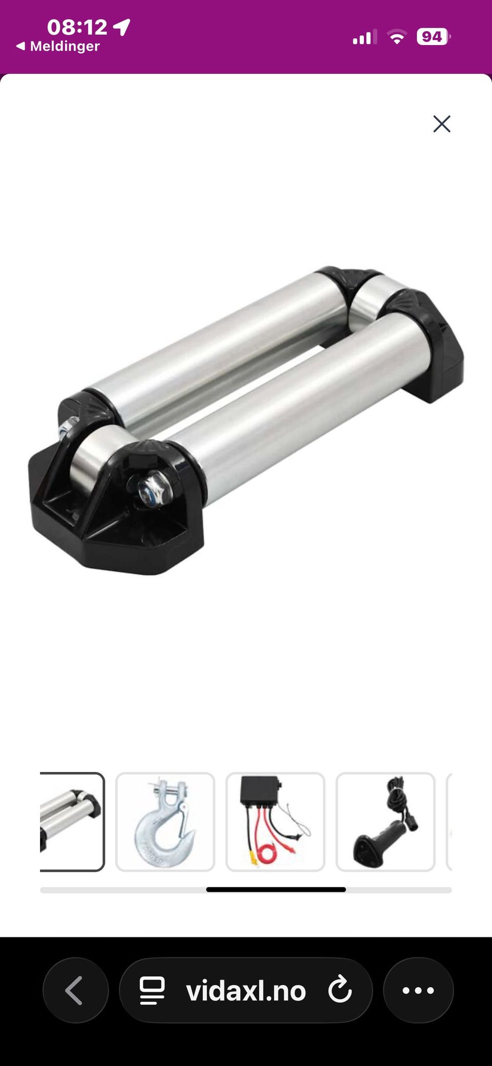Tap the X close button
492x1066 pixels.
442,124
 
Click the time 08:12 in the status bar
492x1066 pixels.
77,27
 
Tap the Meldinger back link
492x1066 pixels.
58,46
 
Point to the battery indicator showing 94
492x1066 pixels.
434,37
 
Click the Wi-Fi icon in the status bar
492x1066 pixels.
397,37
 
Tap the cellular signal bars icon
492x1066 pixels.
364,37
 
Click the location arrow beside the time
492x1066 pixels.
122,27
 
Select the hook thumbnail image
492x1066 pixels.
165,822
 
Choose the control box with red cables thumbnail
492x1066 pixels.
275,822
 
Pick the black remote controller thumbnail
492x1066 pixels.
385,822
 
